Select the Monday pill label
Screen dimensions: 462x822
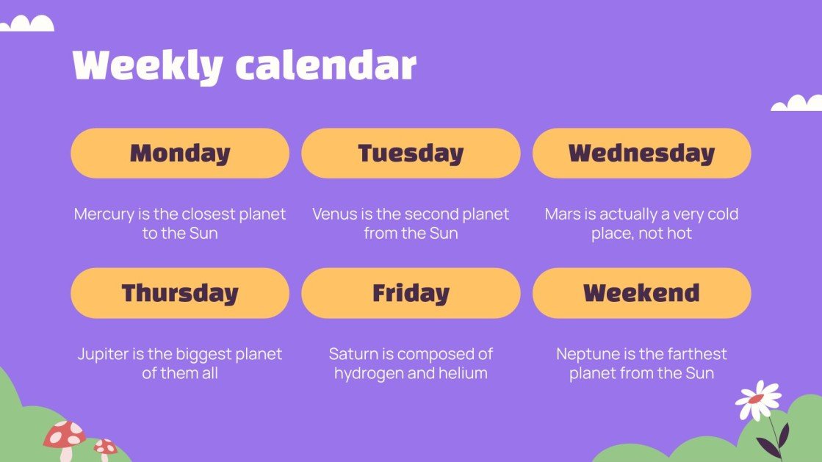coord(180,154)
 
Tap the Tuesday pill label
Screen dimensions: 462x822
coord(411,154)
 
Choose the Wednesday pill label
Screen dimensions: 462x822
coord(641,154)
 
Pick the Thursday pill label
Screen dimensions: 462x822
coord(180,293)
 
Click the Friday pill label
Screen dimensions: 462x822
coord(411,293)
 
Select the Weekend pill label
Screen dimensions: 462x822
coord(641,293)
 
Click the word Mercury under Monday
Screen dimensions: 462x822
coord(103,214)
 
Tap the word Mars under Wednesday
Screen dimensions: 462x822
coord(563,214)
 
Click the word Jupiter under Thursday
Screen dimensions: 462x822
coord(103,354)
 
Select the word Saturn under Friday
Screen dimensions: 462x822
coord(353,354)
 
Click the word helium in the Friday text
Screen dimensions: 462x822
coord(464,373)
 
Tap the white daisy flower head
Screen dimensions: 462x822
coord(757,400)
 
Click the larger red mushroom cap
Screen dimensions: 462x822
coord(65,435)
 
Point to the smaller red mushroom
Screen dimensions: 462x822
coord(105,446)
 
